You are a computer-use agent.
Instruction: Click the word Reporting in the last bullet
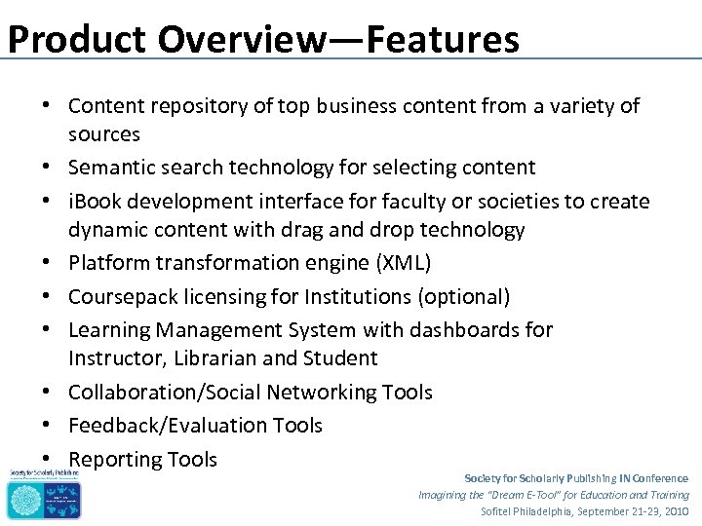(x=114, y=459)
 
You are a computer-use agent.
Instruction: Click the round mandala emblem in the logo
(x=22, y=499)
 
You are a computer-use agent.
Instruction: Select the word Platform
(x=110, y=263)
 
